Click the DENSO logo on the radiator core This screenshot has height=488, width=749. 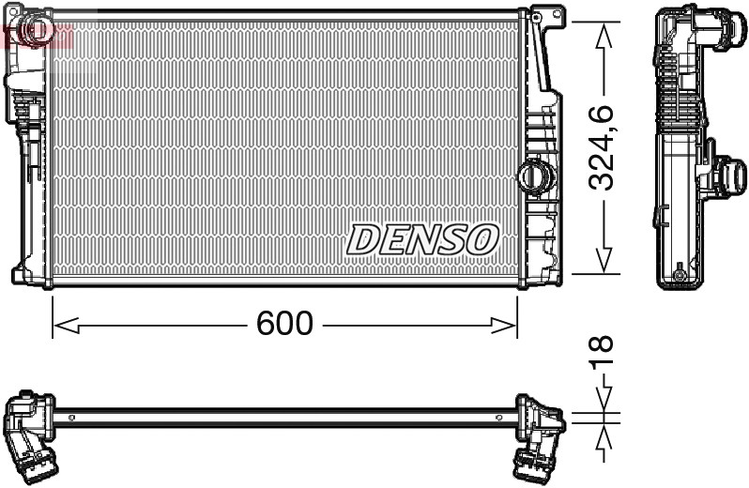click(422, 239)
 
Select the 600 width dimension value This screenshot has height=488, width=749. click(283, 324)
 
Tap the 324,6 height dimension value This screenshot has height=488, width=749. click(602, 147)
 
